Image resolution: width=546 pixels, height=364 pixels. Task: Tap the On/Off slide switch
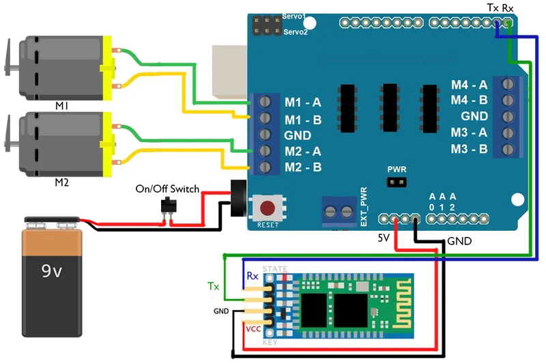coord(167,205)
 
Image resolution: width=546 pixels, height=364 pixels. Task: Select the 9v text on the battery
coord(51,271)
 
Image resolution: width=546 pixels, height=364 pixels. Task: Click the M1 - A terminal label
coord(303,103)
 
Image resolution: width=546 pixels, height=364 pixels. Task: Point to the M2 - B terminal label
coord(303,167)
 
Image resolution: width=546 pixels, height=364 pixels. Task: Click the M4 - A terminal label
coord(469,85)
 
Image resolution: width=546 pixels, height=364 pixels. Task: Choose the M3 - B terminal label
coord(469,148)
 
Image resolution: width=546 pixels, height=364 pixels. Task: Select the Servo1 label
coord(294,16)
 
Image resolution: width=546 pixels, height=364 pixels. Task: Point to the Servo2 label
coord(295,32)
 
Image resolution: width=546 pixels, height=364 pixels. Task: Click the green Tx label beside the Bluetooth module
coord(214,285)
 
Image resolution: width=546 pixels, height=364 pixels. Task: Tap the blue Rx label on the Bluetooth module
coord(253,276)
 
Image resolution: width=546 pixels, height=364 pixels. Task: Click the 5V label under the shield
coord(384,238)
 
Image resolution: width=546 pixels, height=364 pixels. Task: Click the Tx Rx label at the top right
coord(500,8)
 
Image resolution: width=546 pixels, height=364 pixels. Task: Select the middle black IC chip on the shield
coord(390,107)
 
